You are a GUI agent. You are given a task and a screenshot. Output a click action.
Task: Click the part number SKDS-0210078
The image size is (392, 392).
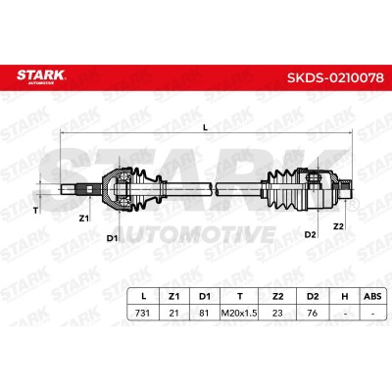point(335,77)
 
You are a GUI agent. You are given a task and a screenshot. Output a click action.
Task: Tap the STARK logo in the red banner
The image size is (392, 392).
point(41,76)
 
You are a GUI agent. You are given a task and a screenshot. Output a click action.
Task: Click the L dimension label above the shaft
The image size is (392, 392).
point(206,128)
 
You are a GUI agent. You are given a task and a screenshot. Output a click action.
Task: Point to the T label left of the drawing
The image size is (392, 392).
point(35,211)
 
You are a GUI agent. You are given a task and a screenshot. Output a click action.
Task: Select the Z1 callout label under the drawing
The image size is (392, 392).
point(84,219)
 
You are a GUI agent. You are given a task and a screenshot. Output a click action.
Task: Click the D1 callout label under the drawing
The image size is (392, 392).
point(112,238)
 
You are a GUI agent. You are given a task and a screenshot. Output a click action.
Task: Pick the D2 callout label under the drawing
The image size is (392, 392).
point(310,234)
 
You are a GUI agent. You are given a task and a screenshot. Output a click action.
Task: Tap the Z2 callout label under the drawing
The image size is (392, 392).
point(338,226)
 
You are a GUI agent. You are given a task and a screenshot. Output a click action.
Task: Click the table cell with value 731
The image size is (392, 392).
point(142,313)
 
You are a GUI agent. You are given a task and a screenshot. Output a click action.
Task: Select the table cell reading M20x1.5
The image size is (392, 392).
point(239,313)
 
